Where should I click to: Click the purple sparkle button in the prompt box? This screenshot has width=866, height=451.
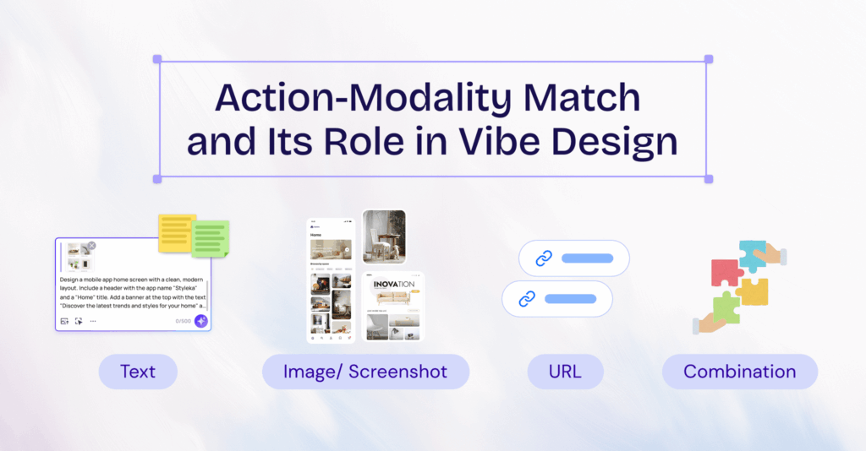pos(200,321)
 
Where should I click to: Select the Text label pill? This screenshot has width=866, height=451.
pos(138,372)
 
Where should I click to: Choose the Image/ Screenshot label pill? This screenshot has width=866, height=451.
pos(365,372)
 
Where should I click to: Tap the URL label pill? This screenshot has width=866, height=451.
pos(565,372)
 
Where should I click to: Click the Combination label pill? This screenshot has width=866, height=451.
pos(739,372)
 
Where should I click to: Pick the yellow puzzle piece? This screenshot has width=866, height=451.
pos(753,291)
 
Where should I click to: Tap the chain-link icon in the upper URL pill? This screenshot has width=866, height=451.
pos(544,258)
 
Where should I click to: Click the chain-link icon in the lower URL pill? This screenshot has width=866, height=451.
pos(527,298)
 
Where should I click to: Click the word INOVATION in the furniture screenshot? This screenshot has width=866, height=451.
pos(394,285)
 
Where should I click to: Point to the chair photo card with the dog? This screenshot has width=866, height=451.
pos(383,237)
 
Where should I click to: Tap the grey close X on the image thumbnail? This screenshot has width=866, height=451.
pos(91,246)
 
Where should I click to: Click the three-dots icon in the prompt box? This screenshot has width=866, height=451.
pos(93,321)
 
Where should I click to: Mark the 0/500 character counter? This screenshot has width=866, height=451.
pos(182,321)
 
